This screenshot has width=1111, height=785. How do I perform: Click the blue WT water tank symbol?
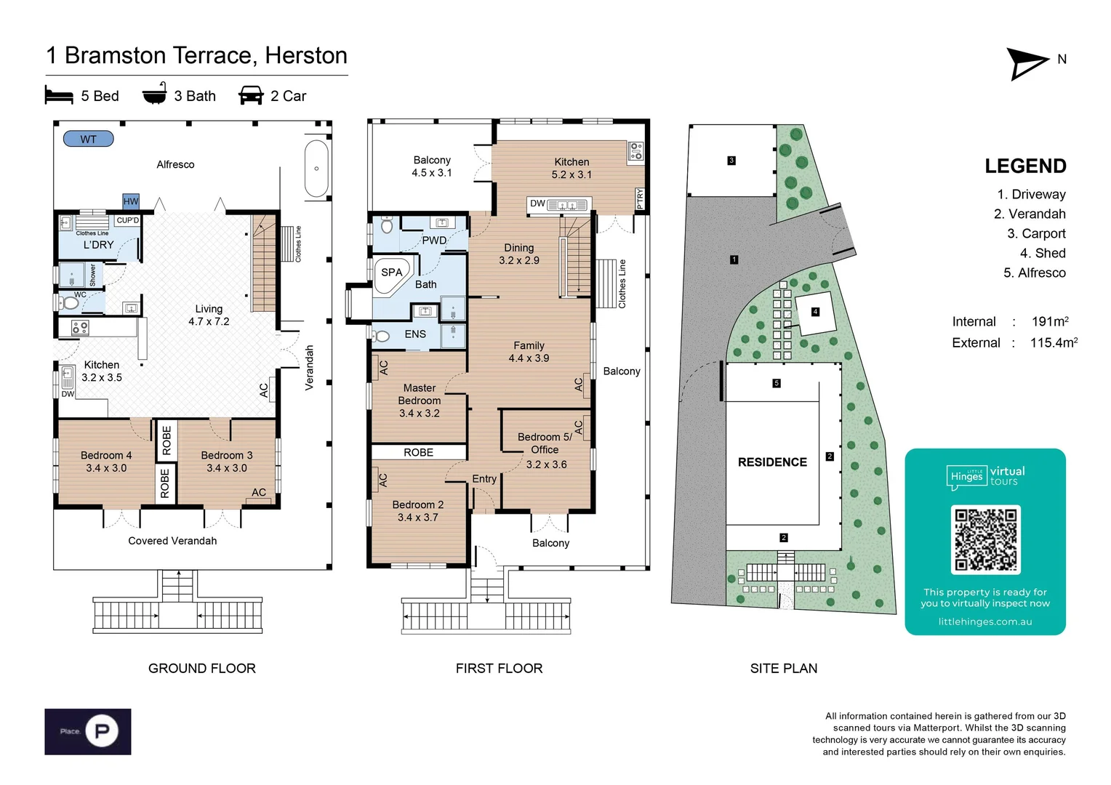click(x=88, y=139)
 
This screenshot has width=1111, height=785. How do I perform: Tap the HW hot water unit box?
click(x=131, y=201)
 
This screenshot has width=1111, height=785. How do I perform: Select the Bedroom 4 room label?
click(x=106, y=456)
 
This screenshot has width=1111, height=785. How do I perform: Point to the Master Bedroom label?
click(x=420, y=394)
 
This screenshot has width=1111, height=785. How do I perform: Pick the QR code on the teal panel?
click(x=985, y=539)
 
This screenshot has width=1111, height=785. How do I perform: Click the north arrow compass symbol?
click(x=1027, y=63)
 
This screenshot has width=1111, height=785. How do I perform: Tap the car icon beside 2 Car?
click(x=251, y=96)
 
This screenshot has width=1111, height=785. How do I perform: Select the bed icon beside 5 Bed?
click(x=59, y=96)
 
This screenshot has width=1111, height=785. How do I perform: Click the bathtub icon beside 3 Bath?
click(x=154, y=95)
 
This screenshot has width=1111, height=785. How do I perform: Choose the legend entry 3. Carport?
click(x=1036, y=233)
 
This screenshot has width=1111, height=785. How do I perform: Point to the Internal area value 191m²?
click(x=1049, y=321)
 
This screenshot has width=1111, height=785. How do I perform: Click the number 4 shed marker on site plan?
click(x=815, y=312)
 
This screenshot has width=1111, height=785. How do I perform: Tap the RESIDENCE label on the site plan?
click(x=772, y=462)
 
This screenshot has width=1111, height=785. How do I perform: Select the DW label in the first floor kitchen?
click(x=537, y=204)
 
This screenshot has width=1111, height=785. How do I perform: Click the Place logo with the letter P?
click(x=88, y=731)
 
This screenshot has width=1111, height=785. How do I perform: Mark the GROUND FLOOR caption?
click(x=202, y=668)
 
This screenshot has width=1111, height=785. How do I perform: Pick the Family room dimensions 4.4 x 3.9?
click(x=529, y=358)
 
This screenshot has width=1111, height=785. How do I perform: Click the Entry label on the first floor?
click(x=484, y=479)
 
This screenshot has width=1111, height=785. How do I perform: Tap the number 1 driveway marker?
click(x=734, y=259)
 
